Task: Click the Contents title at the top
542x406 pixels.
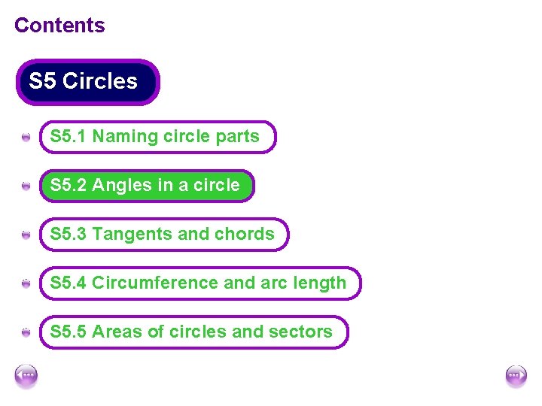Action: point(59,25)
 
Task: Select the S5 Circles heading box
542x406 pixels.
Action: point(87,81)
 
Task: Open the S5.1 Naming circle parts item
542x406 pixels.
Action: point(157,137)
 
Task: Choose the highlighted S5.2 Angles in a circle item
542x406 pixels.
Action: point(147,186)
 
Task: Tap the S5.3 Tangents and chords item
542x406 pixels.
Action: point(163,235)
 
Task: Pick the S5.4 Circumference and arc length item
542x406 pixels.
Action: point(199,283)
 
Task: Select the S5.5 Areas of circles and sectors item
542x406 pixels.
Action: point(193,332)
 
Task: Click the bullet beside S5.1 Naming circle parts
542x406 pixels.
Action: point(26,138)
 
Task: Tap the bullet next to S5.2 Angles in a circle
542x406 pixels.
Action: point(26,186)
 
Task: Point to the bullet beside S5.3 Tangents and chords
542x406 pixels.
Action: point(26,235)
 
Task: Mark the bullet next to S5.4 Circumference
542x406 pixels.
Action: point(26,284)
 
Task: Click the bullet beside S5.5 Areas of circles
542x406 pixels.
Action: point(26,332)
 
